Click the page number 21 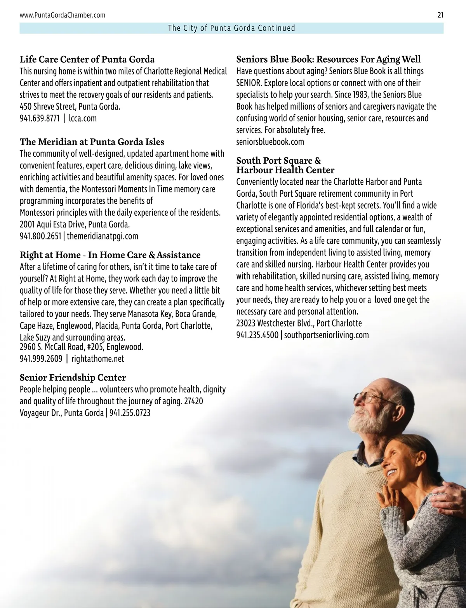coord(440,15)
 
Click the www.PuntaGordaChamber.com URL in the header coord(62,15)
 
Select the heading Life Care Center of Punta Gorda coord(87,59)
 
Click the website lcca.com coord(83,118)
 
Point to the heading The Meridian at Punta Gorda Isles coord(92,142)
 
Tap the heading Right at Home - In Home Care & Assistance coord(110,255)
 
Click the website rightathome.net coord(98,358)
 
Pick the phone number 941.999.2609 coord(41,358)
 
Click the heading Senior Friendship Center coord(73,377)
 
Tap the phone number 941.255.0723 coord(130,412)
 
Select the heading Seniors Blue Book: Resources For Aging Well coord(329,59)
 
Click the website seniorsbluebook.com coord(270,142)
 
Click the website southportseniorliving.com coord(326,335)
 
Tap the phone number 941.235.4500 coord(257,335)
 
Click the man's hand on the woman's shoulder coord(443,498)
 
